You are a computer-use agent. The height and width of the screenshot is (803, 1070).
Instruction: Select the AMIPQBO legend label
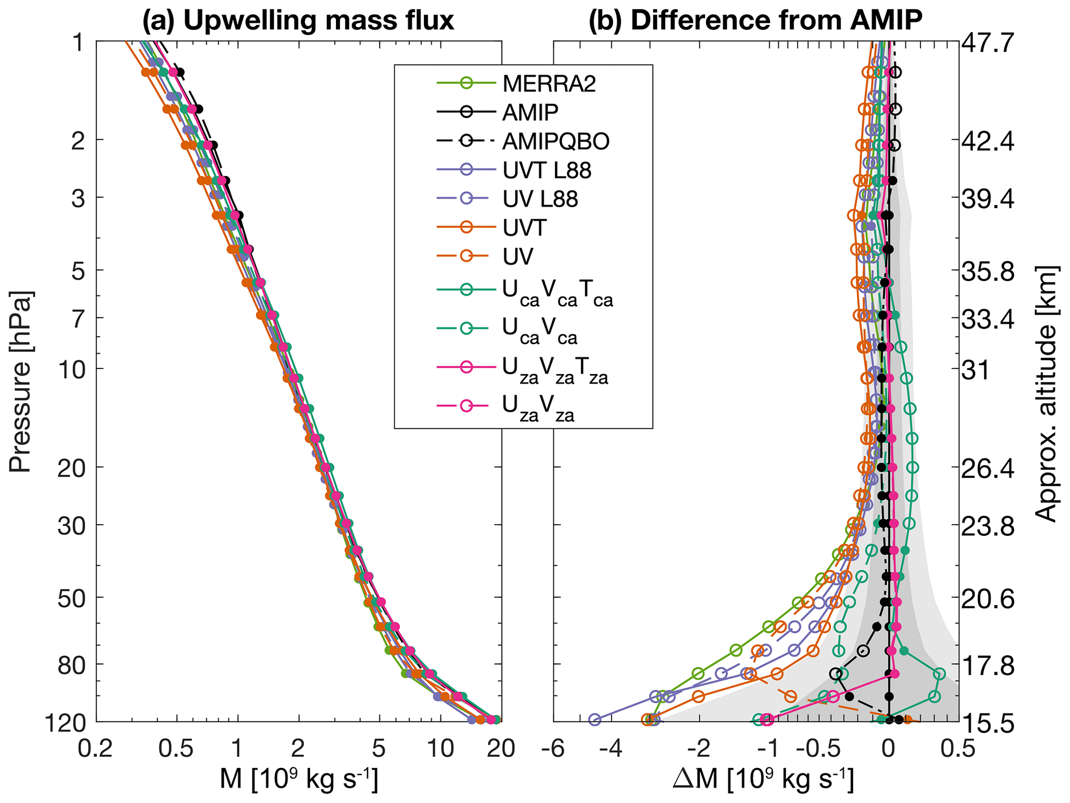coord(555,141)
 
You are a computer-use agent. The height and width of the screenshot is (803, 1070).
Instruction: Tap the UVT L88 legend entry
coord(547,170)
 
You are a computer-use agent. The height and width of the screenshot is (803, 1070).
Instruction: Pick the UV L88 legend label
coord(540,199)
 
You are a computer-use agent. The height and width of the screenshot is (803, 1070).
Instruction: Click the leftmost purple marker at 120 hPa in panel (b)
coord(595,720)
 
